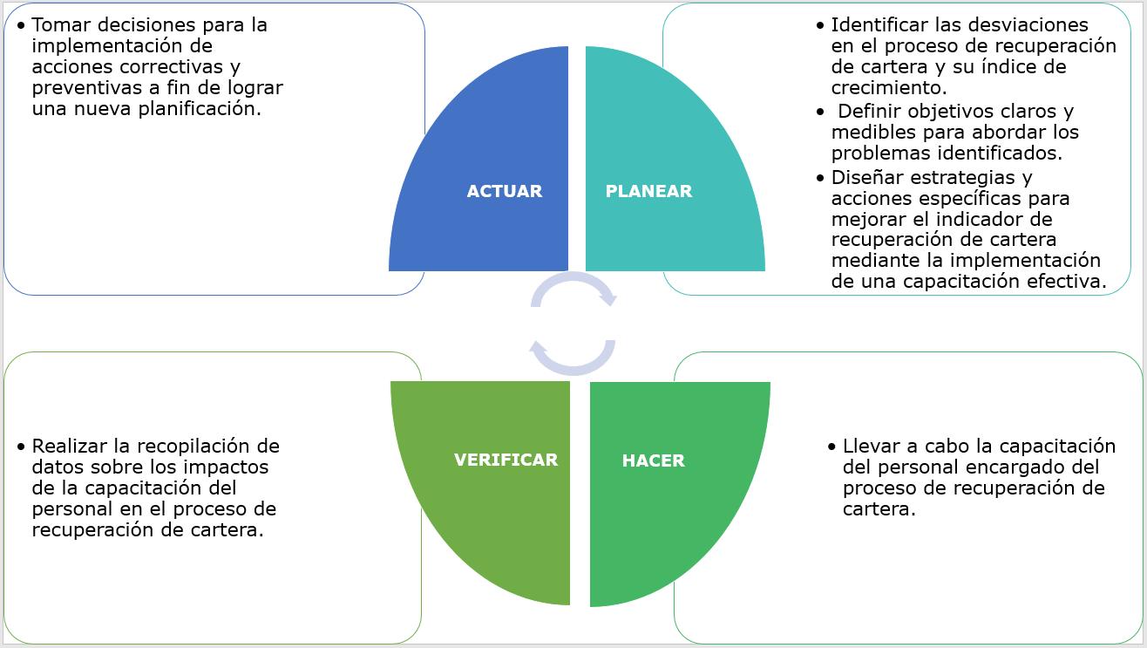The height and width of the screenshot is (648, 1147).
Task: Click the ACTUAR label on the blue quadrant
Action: [x=504, y=191]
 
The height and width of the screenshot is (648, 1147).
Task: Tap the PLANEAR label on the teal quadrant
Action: [x=648, y=191]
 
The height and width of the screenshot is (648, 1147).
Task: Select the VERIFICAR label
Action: [x=506, y=460]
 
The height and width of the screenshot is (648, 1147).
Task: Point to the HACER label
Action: [x=653, y=460]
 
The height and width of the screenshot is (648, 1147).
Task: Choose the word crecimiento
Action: [x=888, y=87]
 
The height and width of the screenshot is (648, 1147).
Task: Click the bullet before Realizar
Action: [x=21, y=447]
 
